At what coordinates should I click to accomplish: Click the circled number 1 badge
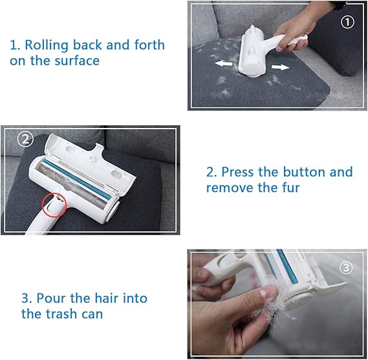pos(347,22)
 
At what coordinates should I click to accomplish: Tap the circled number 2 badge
pos(25,140)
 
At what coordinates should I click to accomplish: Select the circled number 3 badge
pos(346,268)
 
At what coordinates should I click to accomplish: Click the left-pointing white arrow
pos(223,63)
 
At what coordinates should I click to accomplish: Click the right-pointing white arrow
pos(281,67)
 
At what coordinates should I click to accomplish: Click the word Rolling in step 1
pos(46,45)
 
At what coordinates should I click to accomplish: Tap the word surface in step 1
pos(77,61)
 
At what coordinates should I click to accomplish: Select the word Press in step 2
pos(238,172)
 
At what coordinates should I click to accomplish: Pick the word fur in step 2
pos(291,187)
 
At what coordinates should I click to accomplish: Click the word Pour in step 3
pos(51,298)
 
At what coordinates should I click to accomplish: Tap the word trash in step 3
pos(61,314)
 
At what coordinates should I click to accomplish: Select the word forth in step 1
pos(149,45)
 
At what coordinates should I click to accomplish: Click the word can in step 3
pos(92,315)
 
